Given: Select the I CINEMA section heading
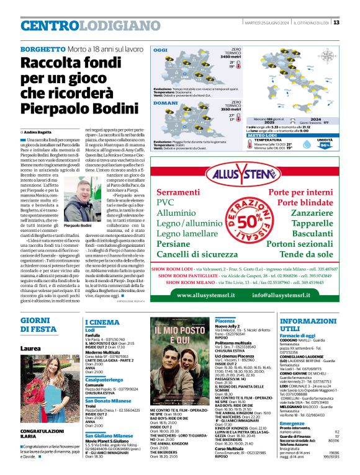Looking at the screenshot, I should [102, 322].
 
